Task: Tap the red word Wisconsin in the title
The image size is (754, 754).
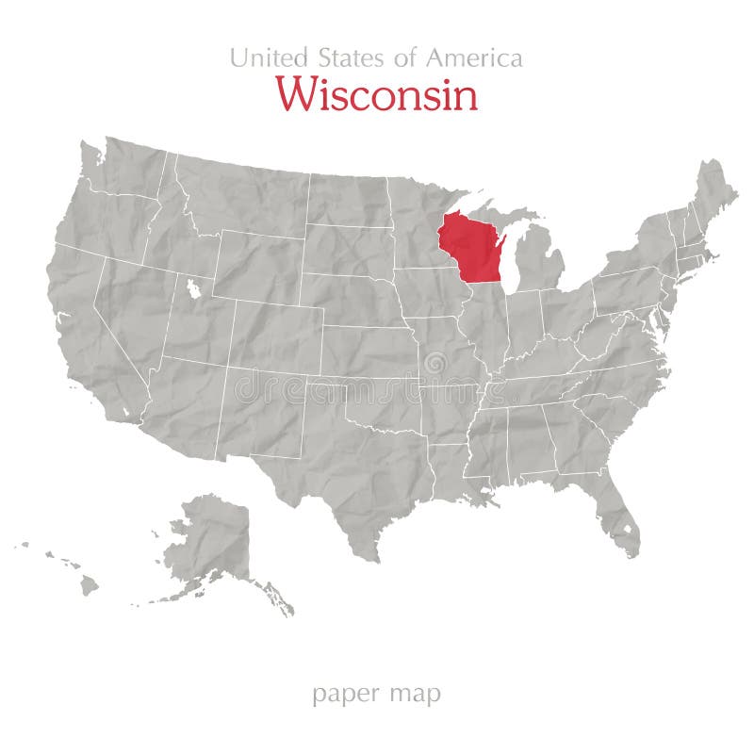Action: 376,95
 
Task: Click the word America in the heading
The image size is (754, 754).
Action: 474,57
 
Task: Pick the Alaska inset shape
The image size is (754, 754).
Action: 212,542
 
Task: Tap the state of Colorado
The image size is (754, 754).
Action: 273,335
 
